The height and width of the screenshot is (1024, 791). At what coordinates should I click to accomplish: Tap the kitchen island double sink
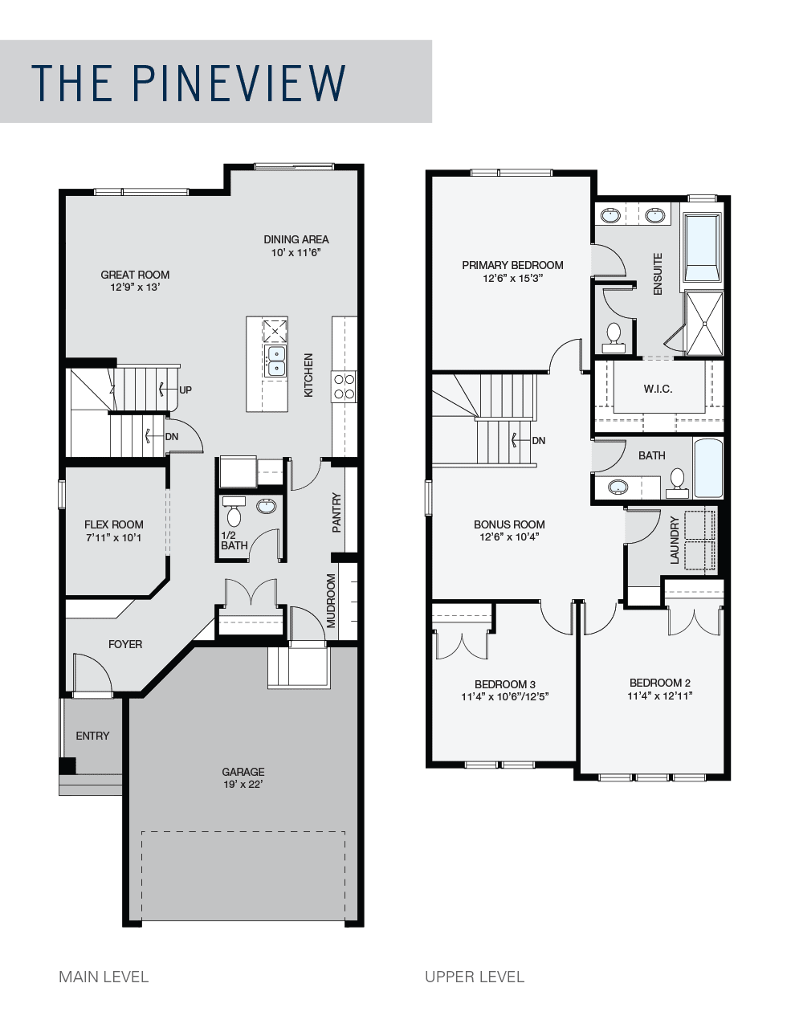point(275,361)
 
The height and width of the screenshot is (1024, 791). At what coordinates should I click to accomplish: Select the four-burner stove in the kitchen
point(344,386)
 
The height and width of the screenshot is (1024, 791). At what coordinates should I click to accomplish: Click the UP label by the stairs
point(186,390)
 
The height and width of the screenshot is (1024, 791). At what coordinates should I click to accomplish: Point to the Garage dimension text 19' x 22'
point(243,784)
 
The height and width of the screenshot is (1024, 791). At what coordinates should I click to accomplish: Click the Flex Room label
point(114,524)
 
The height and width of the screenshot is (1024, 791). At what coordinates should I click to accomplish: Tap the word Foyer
point(125,644)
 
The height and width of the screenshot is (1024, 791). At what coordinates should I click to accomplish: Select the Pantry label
point(336,512)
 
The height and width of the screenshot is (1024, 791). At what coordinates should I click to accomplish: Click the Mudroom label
point(331,601)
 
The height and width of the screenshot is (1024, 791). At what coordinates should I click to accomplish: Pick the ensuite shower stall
point(704,324)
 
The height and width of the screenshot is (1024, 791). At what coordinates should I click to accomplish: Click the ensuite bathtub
point(702,247)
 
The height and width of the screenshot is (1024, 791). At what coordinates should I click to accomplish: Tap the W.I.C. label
point(658,389)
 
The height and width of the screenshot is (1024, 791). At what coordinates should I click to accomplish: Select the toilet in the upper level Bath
point(677,483)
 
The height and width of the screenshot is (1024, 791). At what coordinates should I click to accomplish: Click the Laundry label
point(675,540)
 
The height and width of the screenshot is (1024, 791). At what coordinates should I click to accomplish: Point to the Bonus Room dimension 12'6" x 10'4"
point(509,536)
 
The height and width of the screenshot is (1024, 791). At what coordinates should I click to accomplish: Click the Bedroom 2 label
point(660,683)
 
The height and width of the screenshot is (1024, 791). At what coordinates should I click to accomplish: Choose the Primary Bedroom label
point(512,265)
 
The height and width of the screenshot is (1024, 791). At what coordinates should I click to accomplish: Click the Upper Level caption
point(475,977)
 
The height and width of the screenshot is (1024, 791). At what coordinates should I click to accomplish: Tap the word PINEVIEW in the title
point(239,83)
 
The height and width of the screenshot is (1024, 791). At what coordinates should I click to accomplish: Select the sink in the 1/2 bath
point(267,506)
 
